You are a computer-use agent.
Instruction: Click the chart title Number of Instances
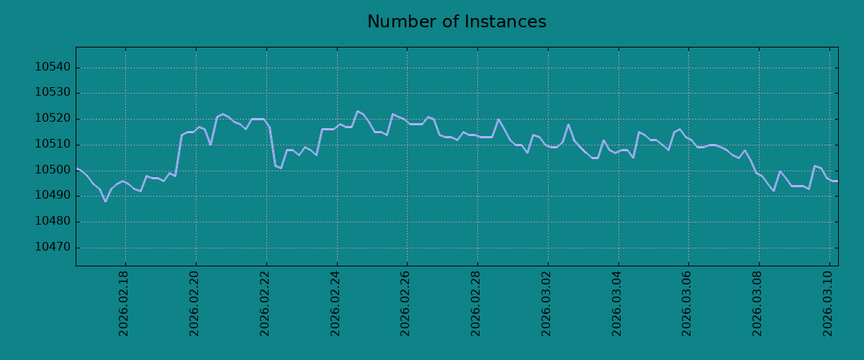pyautogui.click(x=456, y=22)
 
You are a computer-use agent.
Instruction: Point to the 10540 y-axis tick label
pyautogui.click(x=53, y=67)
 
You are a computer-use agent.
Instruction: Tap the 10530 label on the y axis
pyautogui.click(x=53, y=92)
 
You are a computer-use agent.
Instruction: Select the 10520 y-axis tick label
pyautogui.click(x=53, y=119)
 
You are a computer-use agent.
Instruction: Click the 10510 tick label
pyautogui.click(x=53, y=144)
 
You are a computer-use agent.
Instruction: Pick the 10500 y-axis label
pyautogui.click(x=53, y=170)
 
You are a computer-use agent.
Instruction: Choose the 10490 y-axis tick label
pyautogui.click(x=53, y=195)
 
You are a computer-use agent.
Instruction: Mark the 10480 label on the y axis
pyautogui.click(x=53, y=221)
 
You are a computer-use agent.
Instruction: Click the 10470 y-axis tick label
pyautogui.click(x=53, y=247)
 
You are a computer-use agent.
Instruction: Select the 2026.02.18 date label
pyautogui.click(x=123, y=304)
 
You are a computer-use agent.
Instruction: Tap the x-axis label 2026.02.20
pyautogui.click(x=194, y=304)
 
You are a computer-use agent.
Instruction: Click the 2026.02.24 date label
pyautogui.click(x=336, y=304)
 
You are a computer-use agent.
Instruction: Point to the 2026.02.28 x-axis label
pyautogui.click(x=476, y=304)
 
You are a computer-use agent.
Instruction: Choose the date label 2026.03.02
pyautogui.click(x=546, y=304)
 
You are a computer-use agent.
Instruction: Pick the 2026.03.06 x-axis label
pyautogui.click(x=687, y=304)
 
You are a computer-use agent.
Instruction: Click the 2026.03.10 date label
pyautogui.click(x=828, y=304)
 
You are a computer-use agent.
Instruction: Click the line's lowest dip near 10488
pyautogui.click(x=105, y=201)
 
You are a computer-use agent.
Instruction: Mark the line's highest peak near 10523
pyautogui.click(x=358, y=112)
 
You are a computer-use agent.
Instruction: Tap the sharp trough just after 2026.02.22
pyautogui.click(x=281, y=168)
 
